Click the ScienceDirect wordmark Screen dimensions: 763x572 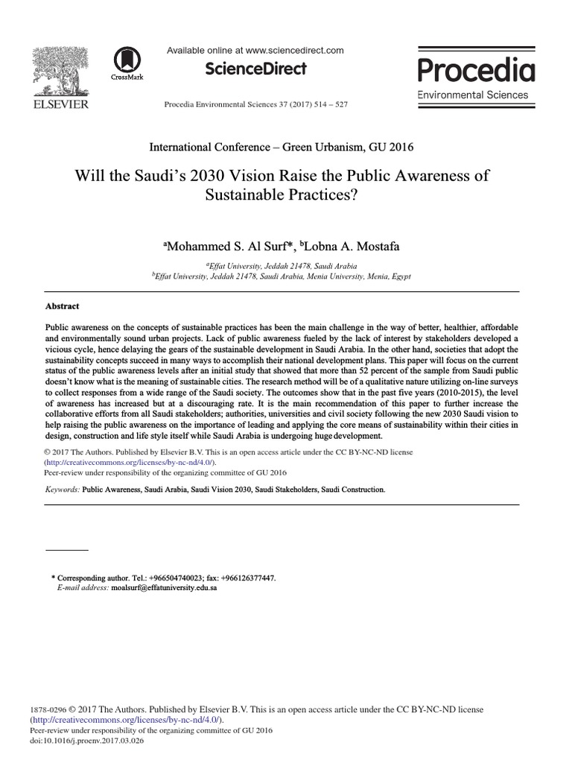click(x=255, y=69)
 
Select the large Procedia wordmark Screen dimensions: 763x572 click(x=476, y=71)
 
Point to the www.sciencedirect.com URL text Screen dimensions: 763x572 click(x=294, y=51)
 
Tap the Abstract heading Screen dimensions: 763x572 click(x=63, y=306)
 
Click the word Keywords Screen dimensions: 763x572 click(x=62, y=490)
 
